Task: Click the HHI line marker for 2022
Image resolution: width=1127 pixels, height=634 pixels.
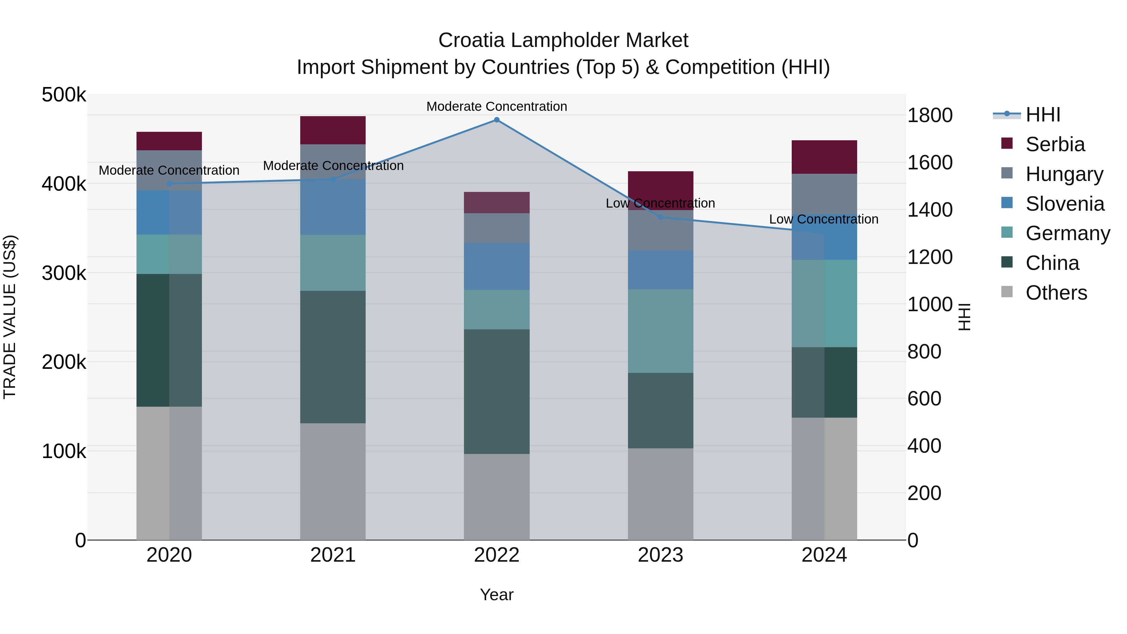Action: pyautogui.click(x=497, y=120)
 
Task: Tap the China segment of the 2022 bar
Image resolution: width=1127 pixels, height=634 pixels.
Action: pyautogui.click(x=497, y=392)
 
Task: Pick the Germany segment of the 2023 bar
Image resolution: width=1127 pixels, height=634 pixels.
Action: pyautogui.click(x=660, y=331)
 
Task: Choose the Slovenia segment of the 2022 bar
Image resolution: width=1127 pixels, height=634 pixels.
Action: pyautogui.click(x=497, y=266)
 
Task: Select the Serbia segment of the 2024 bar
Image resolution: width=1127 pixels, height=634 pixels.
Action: pyautogui.click(x=824, y=157)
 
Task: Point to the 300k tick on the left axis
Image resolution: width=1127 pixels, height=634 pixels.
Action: pyautogui.click(x=64, y=273)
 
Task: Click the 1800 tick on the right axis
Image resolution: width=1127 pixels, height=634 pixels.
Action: pyautogui.click(x=930, y=116)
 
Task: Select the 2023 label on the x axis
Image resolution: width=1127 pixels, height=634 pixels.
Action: pyautogui.click(x=660, y=555)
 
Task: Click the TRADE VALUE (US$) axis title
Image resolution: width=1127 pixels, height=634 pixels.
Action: pyautogui.click(x=10, y=317)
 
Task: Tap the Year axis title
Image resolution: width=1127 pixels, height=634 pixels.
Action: pyautogui.click(x=497, y=595)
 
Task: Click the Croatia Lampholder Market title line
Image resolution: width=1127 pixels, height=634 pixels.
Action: pyautogui.click(x=563, y=40)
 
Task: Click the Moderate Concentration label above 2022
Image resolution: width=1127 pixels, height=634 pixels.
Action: pyautogui.click(x=497, y=106)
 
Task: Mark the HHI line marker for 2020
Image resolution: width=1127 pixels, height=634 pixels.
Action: pyautogui.click(x=169, y=184)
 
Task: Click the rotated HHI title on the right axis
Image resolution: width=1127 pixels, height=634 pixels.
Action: pyautogui.click(x=964, y=317)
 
